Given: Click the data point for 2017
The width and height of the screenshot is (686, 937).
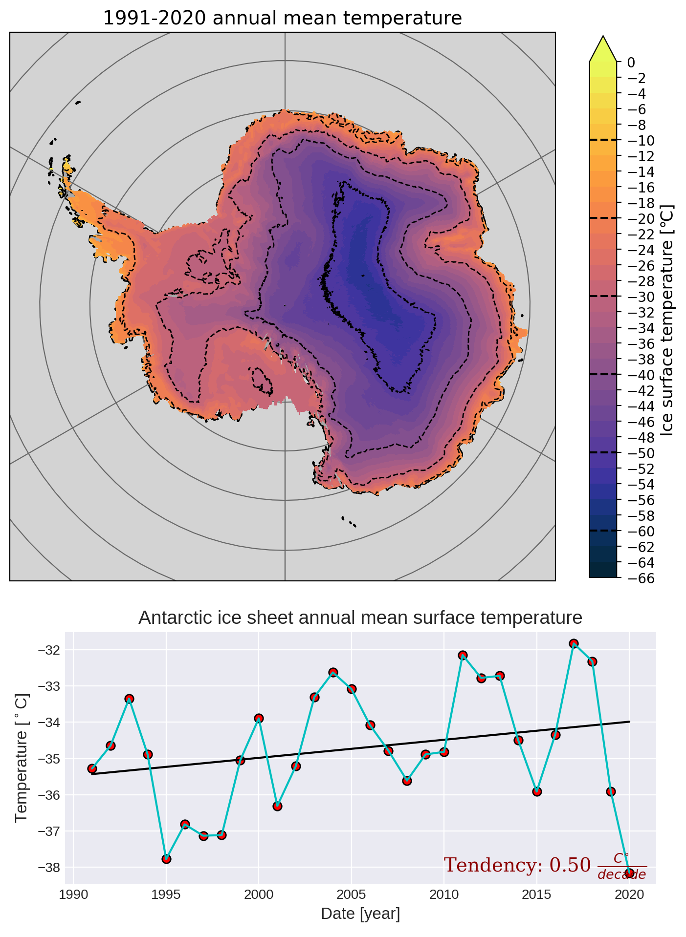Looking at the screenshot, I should pyautogui.click(x=574, y=643).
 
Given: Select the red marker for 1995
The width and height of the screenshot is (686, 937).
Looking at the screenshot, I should pyautogui.click(x=166, y=859).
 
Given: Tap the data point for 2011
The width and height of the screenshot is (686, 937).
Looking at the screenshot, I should pyautogui.click(x=463, y=655).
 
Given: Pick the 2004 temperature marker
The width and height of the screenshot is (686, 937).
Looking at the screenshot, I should pyautogui.click(x=333, y=672).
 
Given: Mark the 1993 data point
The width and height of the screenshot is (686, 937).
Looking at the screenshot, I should pyautogui.click(x=129, y=699).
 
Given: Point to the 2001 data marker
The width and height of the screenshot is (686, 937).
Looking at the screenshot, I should pyautogui.click(x=277, y=806).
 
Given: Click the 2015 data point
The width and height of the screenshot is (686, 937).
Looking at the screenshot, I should pyautogui.click(x=537, y=791).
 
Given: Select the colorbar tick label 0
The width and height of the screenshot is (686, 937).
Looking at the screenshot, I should pyautogui.click(x=631, y=63).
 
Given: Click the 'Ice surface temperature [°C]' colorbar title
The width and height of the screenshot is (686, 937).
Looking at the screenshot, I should pyautogui.click(x=666, y=320).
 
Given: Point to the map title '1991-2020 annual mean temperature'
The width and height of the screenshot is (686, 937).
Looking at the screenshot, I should pyautogui.click(x=282, y=19).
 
